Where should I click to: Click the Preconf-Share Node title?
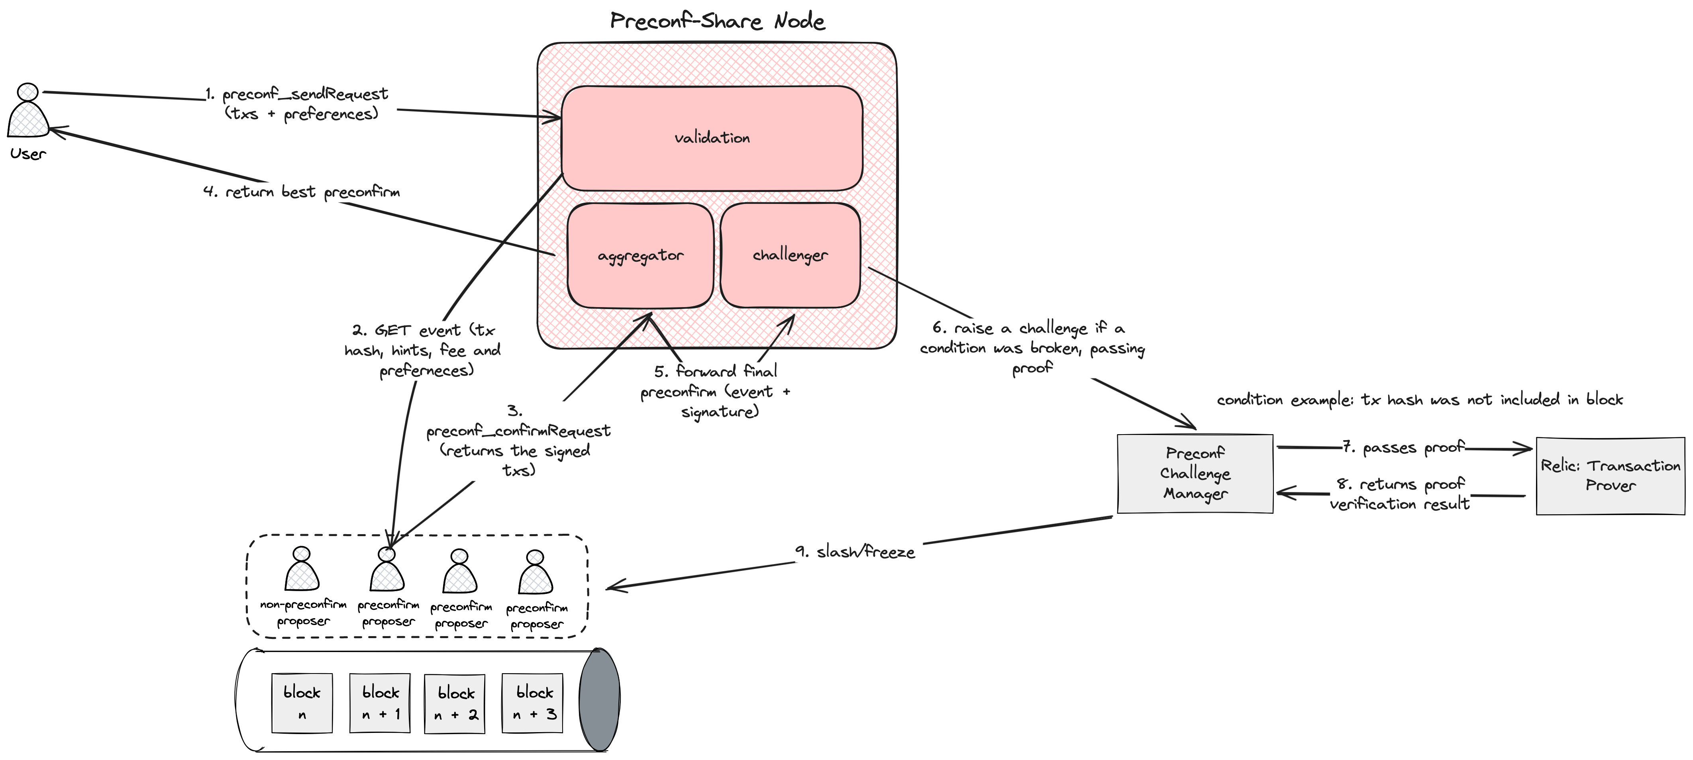pyautogui.click(x=717, y=21)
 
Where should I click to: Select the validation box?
pyautogui.click(x=712, y=138)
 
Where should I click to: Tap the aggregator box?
pyautogui.click(x=640, y=255)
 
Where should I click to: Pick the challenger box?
pyautogui.click(x=790, y=255)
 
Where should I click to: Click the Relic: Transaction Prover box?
pyautogui.click(x=1610, y=476)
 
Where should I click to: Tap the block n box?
pyautogui.click(x=302, y=702)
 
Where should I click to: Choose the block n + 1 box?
pyautogui.click(x=380, y=702)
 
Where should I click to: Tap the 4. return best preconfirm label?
pyautogui.click(x=302, y=192)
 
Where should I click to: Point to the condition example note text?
pyautogui.click(x=1420, y=400)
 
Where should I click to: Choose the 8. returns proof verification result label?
pyautogui.click(x=1400, y=494)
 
